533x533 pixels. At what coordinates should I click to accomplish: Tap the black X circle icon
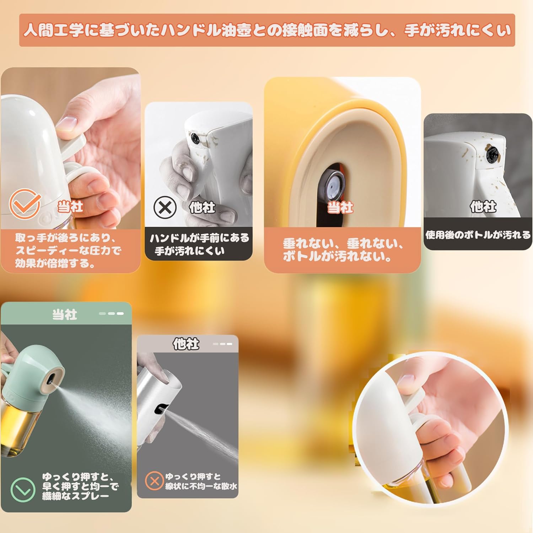pos(165,208)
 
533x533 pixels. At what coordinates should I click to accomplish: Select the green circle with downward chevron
pos(23,490)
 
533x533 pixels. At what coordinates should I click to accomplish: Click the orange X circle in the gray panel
pos(154,481)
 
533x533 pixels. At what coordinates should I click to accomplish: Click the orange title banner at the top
pos(267,30)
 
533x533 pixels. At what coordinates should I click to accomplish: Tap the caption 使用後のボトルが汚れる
pos(478,235)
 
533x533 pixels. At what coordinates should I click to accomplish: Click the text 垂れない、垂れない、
pos(343,244)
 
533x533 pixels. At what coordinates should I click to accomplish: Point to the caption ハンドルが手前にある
pos(199,238)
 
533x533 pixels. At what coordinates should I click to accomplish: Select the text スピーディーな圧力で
pos(68,251)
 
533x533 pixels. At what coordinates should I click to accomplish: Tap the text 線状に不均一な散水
pos(201,486)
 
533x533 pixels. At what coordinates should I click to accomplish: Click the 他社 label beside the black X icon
pos(202,207)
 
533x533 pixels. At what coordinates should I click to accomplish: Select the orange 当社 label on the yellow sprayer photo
pos(340,207)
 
